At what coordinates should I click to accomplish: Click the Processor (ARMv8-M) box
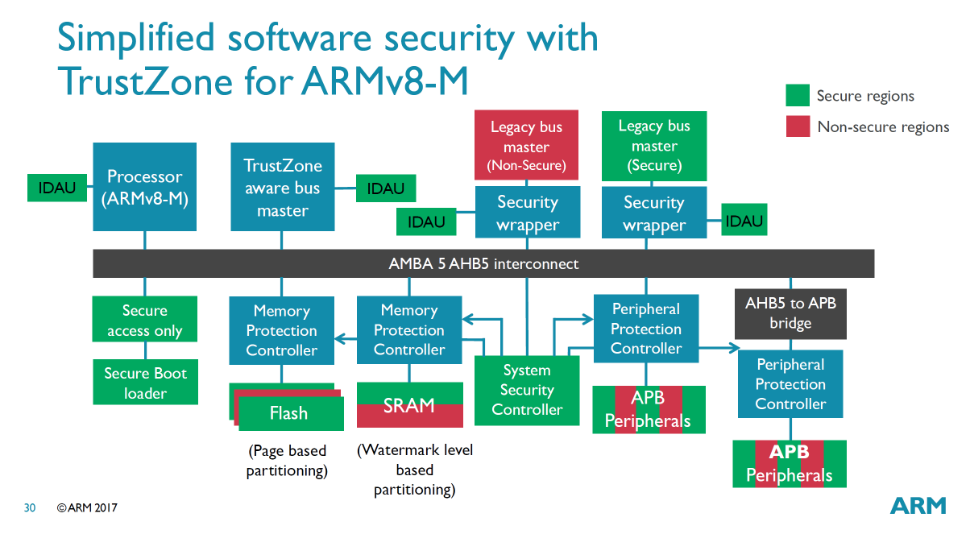[145, 188]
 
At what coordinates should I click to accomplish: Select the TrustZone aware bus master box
[282, 188]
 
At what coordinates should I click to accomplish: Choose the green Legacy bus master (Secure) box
[654, 146]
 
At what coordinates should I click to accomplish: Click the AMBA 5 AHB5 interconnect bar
[483, 263]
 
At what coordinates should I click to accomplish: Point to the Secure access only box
[145, 320]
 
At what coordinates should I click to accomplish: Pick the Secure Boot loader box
[145, 383]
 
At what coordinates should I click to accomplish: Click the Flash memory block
[288, 412]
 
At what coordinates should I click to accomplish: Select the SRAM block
[409, 405]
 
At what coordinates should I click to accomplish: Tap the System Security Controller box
[527, 390]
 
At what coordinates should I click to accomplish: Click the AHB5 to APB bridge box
[790, 313]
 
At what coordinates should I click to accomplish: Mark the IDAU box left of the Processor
[56, 188]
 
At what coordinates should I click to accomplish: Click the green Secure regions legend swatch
[798, 96]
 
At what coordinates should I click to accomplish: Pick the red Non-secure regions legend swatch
[798, 126]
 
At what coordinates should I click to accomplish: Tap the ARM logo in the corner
[918, 506]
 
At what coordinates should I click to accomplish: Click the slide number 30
[30, 508]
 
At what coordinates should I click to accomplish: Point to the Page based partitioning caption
[288, 460]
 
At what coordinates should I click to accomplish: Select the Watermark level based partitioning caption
[415, 470]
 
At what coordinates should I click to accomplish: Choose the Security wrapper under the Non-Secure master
[528, 213]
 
